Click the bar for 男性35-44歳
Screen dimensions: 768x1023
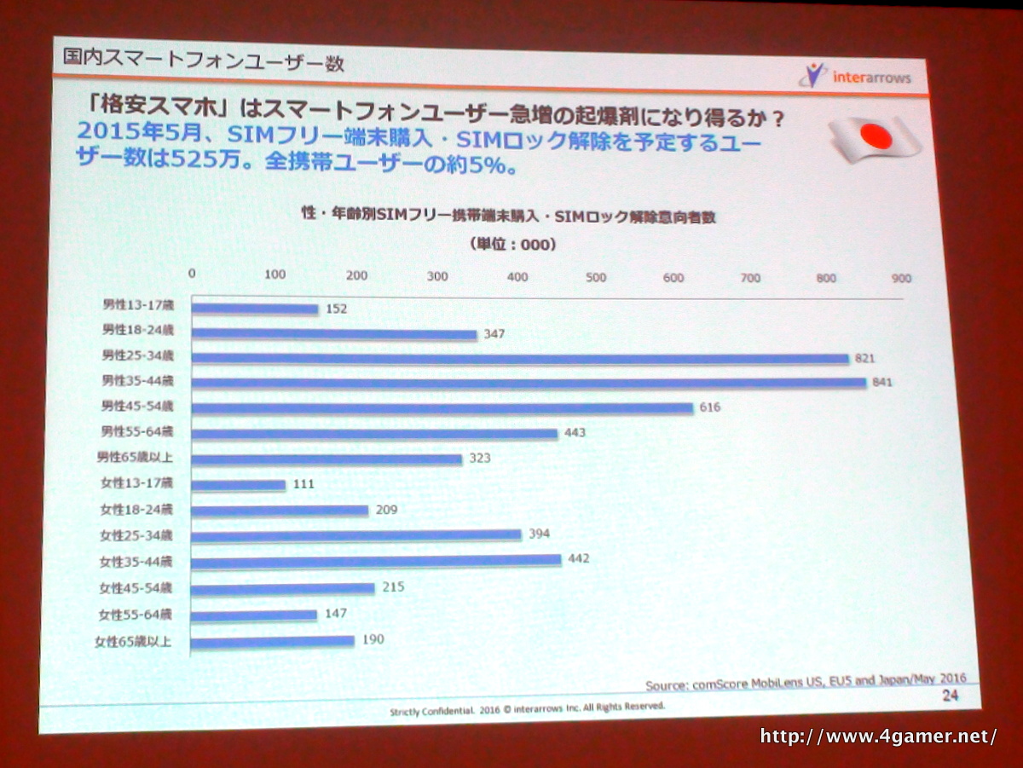point(529,383)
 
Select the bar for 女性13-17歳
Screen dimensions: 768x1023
point(238,485)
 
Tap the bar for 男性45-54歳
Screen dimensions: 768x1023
point(442,408)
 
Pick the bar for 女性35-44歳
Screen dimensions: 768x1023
point(375,560)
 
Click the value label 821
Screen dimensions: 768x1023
point(865,359)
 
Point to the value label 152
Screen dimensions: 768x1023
point(336,309)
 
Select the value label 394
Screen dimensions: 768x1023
point(539,534)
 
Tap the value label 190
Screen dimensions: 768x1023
point(372,639)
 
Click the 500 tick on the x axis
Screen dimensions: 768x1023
point(596,277)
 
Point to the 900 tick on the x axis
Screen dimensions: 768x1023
point(901,279)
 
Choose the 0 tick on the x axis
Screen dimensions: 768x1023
point(192,274)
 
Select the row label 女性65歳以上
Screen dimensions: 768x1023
point(133,641)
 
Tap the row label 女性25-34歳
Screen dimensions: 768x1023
point(136,536)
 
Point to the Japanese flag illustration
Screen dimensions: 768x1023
point(874,136)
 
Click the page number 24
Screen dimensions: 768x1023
point(950,696)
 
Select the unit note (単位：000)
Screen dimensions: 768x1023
point(512,245)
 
